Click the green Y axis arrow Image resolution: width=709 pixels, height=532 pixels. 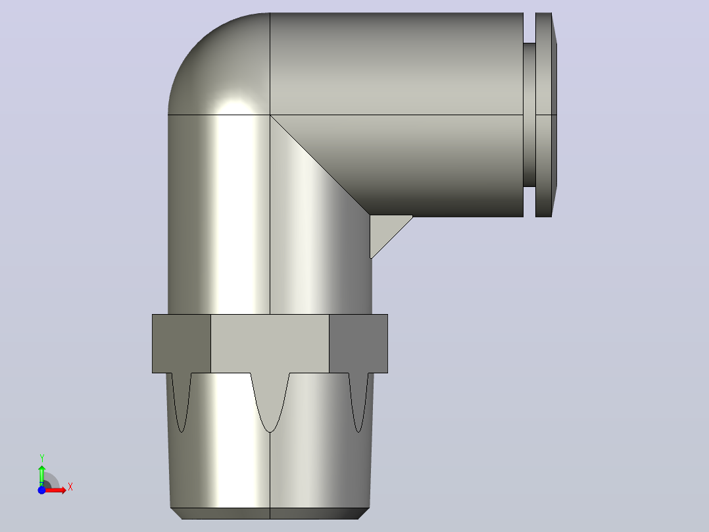click(x=41, y=475)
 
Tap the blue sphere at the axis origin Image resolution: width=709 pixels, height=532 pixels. click(x=41, y=490)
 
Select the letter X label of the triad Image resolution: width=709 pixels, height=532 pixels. click(x=70, y=487)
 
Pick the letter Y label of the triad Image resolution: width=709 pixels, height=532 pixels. click(x=41, y=458)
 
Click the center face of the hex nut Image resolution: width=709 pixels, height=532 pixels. click(x=270, y=343)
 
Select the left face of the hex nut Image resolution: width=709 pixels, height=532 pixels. click(x=182, y=343)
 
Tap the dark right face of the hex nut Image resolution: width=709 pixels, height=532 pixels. click(x=358, y=343)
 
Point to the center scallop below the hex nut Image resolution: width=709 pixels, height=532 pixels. click(x=270, y=398)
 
